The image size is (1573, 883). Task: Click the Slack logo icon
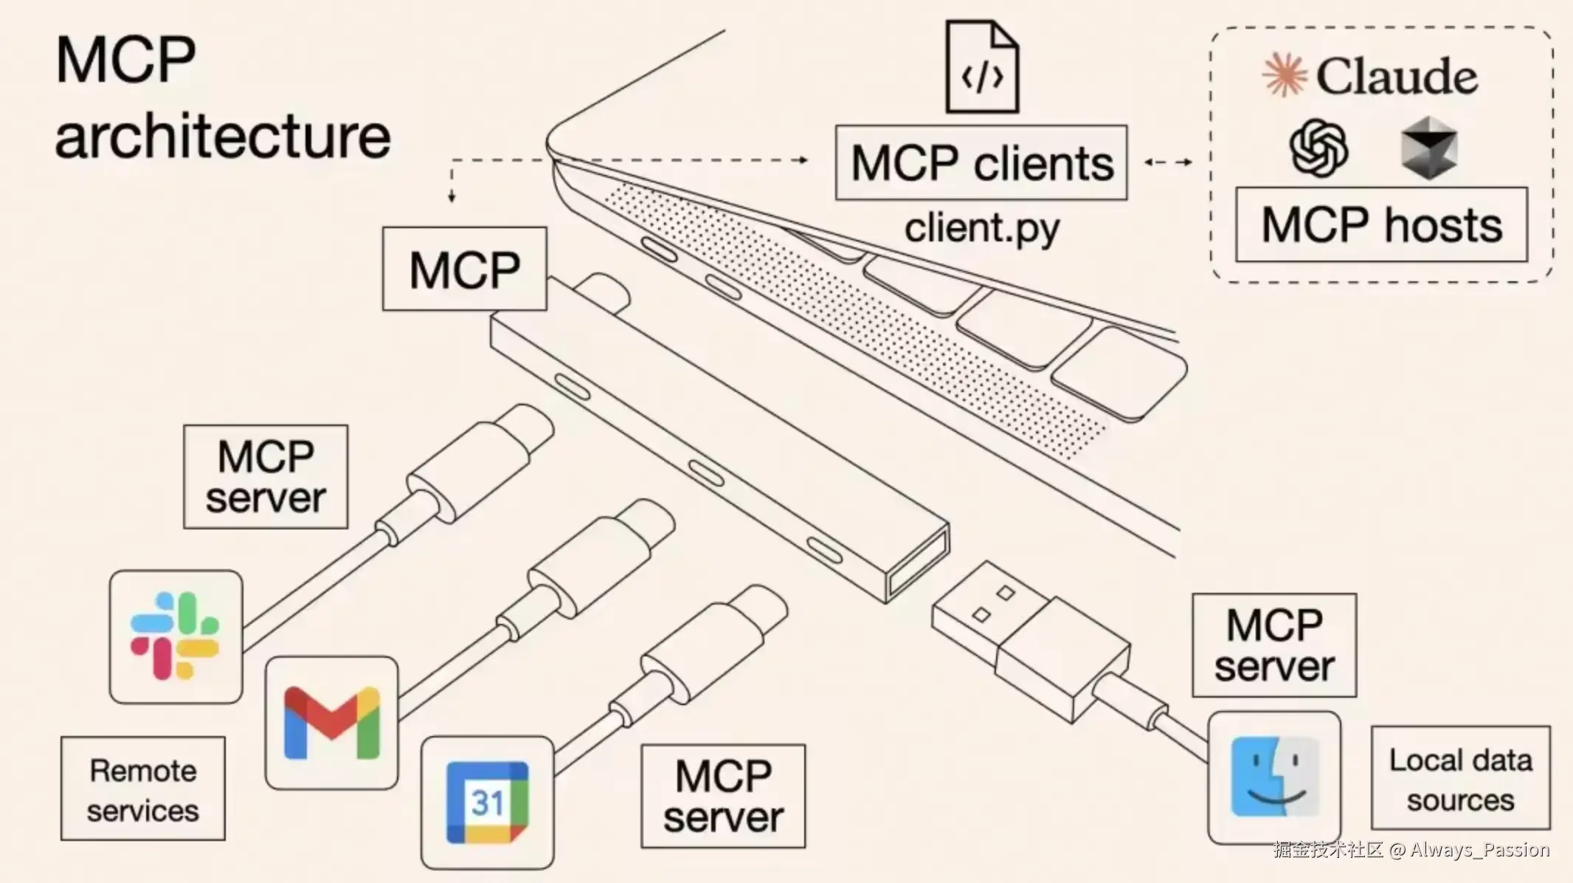click(175, 636)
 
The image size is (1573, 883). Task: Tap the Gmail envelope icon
click(331, 723)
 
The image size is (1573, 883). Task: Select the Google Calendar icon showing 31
click(487, 803)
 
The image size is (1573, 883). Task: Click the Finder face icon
click(1274, 777)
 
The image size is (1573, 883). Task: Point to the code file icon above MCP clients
click(982, 67)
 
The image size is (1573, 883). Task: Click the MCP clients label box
click(981, 162)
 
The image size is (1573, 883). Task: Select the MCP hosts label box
click(1381, 224)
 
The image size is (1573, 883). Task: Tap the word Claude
click(1397, 77)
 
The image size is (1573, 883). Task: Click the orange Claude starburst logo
click(1285, 75)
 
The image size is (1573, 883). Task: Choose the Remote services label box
click(143, 788)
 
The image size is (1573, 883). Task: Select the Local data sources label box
click(1461, 778)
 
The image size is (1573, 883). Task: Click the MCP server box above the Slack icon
click(266, 477)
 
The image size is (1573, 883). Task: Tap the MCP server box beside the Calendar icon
click(723, 796)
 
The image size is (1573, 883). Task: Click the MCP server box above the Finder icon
click(1274, 645)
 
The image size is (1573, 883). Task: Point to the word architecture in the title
click(223, 137)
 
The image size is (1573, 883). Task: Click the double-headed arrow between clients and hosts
click(1168, 162)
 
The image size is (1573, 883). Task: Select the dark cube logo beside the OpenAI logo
click(1429, 148)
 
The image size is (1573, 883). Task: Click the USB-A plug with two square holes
click(1029, 641)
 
